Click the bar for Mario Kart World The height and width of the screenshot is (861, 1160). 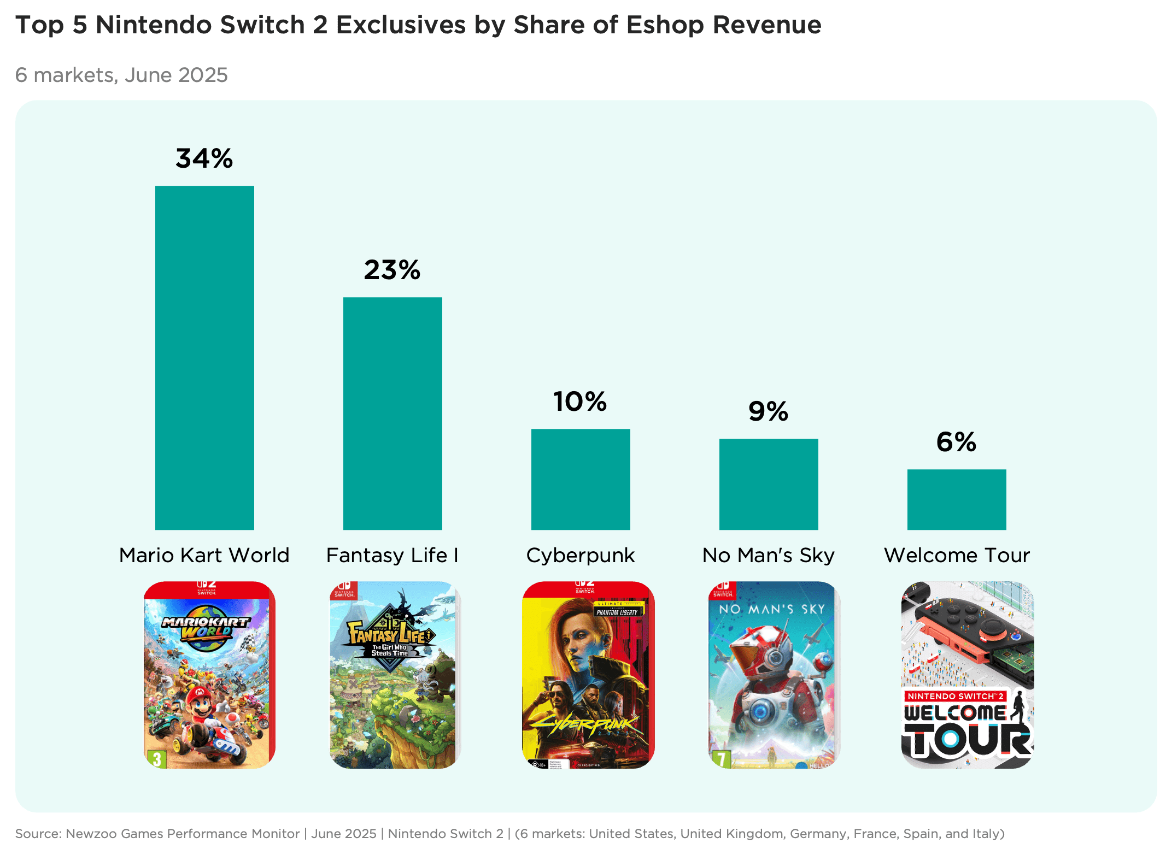point(204,358)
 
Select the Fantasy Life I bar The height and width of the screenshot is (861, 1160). point(392,414)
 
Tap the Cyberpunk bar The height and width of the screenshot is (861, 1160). point(581,479)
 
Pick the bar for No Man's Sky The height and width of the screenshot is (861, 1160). point(769,484)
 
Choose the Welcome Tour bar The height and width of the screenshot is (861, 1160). point(957,499)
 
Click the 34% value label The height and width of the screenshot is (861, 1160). point(204,158)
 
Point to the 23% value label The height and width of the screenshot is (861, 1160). point(392,270)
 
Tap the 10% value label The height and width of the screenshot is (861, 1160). point(580,402)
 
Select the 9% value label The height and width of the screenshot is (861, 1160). point(769,411)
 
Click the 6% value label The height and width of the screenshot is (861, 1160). point(957,442)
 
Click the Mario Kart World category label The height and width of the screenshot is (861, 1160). point(204,555)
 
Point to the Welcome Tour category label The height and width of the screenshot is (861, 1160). point(957,555)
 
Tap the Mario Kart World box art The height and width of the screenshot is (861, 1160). point(209,675)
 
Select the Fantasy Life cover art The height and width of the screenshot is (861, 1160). point(395,675)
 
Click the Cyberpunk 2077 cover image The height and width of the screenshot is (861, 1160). point(588,675)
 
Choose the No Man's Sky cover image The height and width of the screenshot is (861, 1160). point(774,675)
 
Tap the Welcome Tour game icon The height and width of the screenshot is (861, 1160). point(968,675)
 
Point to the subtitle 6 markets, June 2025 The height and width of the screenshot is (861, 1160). point(121,75)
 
